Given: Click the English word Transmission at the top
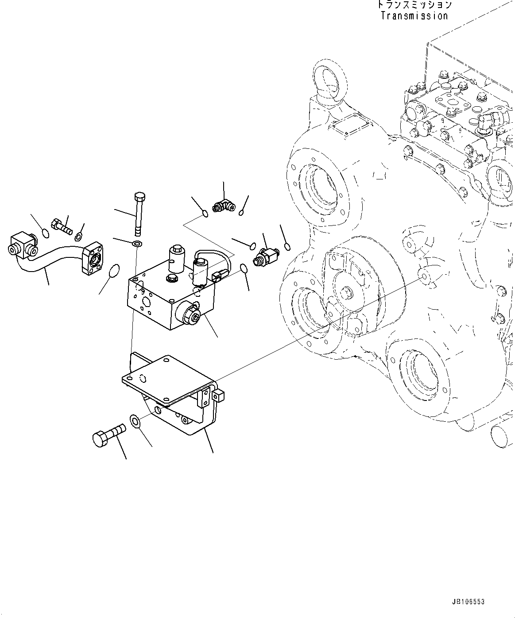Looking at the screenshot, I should (x=414, y=16).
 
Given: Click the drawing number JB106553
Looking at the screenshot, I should (x=468, y=602).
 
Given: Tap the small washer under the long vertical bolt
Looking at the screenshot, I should (x=137, y=243).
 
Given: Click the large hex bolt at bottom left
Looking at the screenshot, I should (x=108, y=433).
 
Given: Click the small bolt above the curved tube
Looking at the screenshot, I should (x=61, y=226).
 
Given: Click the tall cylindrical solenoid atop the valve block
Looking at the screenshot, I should (x=176, y=260).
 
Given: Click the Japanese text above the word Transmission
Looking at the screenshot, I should (x=414, y=5).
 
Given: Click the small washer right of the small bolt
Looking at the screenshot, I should (x=79, y=236).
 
